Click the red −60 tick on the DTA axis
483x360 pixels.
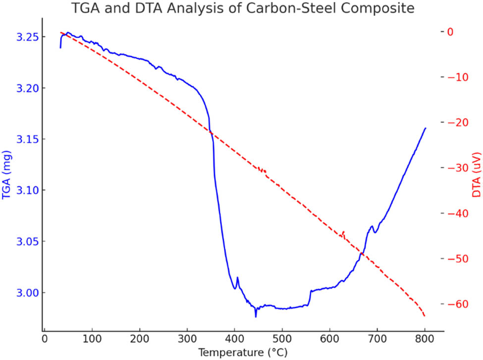[x=459, y=304]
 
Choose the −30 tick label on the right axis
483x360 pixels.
[x=459, y=168]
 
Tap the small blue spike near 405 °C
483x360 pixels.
[x=237, y=278]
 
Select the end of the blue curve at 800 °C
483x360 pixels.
[x=425, y=128]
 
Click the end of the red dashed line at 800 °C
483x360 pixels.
[x=425, y=316]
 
